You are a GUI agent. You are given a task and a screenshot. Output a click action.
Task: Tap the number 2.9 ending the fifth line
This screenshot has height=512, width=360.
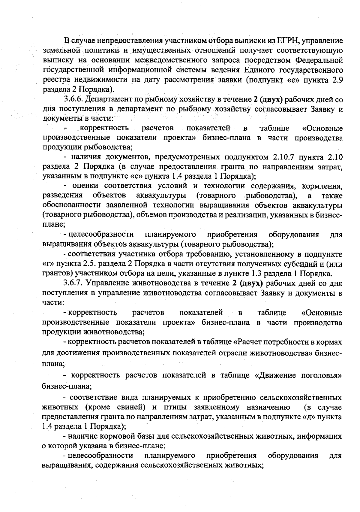click(337, 80)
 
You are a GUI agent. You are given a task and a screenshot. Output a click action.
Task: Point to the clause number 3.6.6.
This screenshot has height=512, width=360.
click(73, 99)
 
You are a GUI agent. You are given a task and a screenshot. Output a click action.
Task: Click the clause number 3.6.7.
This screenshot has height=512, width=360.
click(73, 283)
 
